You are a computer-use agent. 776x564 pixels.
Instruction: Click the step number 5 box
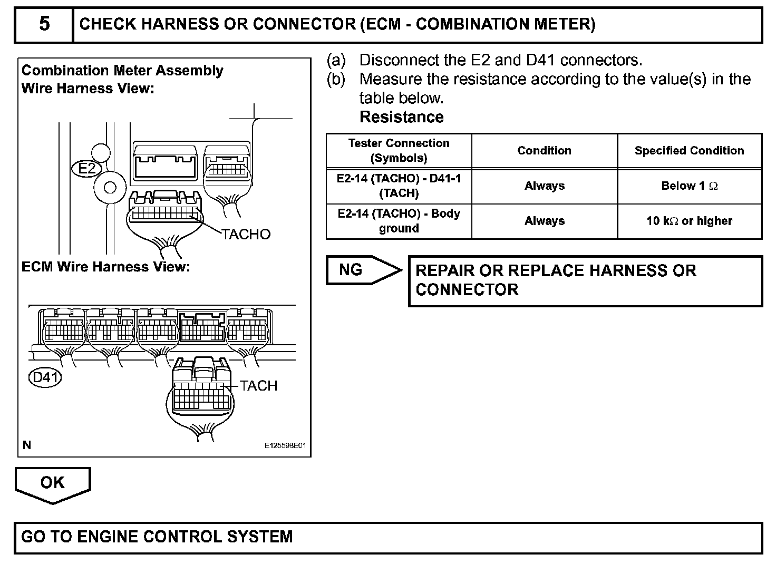click(44, 24)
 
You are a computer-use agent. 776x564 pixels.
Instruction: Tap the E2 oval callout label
click(86, 168)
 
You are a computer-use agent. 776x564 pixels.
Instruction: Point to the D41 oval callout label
click(45, 377)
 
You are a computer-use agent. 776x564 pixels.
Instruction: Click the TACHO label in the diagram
click(246, 234)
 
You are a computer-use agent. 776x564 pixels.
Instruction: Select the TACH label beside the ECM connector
click(258, 386)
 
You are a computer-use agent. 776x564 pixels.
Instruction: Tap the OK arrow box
click(53, 483)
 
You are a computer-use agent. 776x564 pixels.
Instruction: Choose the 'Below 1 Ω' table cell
click(689, 186)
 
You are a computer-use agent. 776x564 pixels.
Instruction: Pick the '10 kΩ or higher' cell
click(689, 221)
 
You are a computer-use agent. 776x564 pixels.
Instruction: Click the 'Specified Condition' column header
click(689, 151)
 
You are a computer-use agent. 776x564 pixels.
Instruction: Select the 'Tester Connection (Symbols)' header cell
click(399, 151)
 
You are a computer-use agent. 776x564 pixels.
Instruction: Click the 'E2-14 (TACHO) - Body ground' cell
click(399, 221)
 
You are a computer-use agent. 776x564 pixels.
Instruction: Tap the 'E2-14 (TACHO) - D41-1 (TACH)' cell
click(399, 186)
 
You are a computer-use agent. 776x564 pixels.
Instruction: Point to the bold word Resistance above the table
click(401, 117)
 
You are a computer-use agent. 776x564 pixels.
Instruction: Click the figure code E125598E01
click(285, 446)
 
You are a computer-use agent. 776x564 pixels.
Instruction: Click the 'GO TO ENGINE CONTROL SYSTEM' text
click(157, 537)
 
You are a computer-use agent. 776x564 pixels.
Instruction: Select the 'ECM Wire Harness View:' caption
click(105, 267)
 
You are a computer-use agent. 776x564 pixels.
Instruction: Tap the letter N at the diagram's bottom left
click(27, 445)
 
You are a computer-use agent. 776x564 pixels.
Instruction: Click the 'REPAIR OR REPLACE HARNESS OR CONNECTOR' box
click(585, 280)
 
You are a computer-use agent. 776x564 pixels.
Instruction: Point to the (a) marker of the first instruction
click(336, 60)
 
